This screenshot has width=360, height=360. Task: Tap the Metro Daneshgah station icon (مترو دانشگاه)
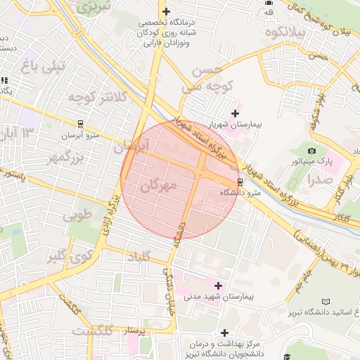[x=240, y=181]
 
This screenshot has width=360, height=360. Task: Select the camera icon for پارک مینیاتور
[x=312, y=150]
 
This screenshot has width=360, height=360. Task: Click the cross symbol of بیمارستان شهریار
[x=235, y=112]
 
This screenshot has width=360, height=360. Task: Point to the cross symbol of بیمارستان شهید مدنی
[x=219, y=285]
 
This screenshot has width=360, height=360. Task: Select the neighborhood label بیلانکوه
[x=301, y=32]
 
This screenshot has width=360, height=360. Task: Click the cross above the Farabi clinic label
[x=166, y=11]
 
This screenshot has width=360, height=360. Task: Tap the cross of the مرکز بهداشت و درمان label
[x=224, y=332]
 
